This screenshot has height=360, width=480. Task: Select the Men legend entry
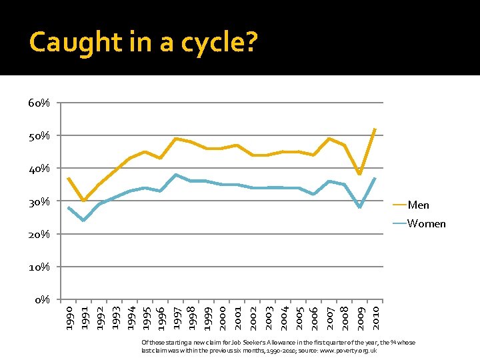[x=418, y=205]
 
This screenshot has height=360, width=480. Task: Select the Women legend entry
[x=426, y=223]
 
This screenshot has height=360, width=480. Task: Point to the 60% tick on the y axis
[x=39, y=103]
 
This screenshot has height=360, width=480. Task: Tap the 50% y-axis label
[x=39, y=136]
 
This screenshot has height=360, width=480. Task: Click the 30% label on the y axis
[x=39, y=201]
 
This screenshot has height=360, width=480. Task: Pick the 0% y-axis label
[x=41, y=300]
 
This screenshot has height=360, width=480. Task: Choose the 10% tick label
[x=39, y=267]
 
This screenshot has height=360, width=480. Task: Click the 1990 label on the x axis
[x=68, y=317]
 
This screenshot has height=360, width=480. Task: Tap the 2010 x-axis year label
[x=375, y=317]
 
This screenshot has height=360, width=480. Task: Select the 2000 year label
[x=222, y=317]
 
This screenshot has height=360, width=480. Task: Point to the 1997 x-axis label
[x=175, y=317]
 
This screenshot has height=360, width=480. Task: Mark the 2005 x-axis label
[x=299, y=317]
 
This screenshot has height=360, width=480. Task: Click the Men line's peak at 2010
[x=375, y=129]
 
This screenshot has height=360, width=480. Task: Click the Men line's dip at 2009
[x=360, y=175]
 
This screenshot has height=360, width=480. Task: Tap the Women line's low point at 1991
[x=83, y=221]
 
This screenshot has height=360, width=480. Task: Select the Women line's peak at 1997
[x=175, y=175]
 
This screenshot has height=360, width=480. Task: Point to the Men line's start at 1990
[x=68, y=178]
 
